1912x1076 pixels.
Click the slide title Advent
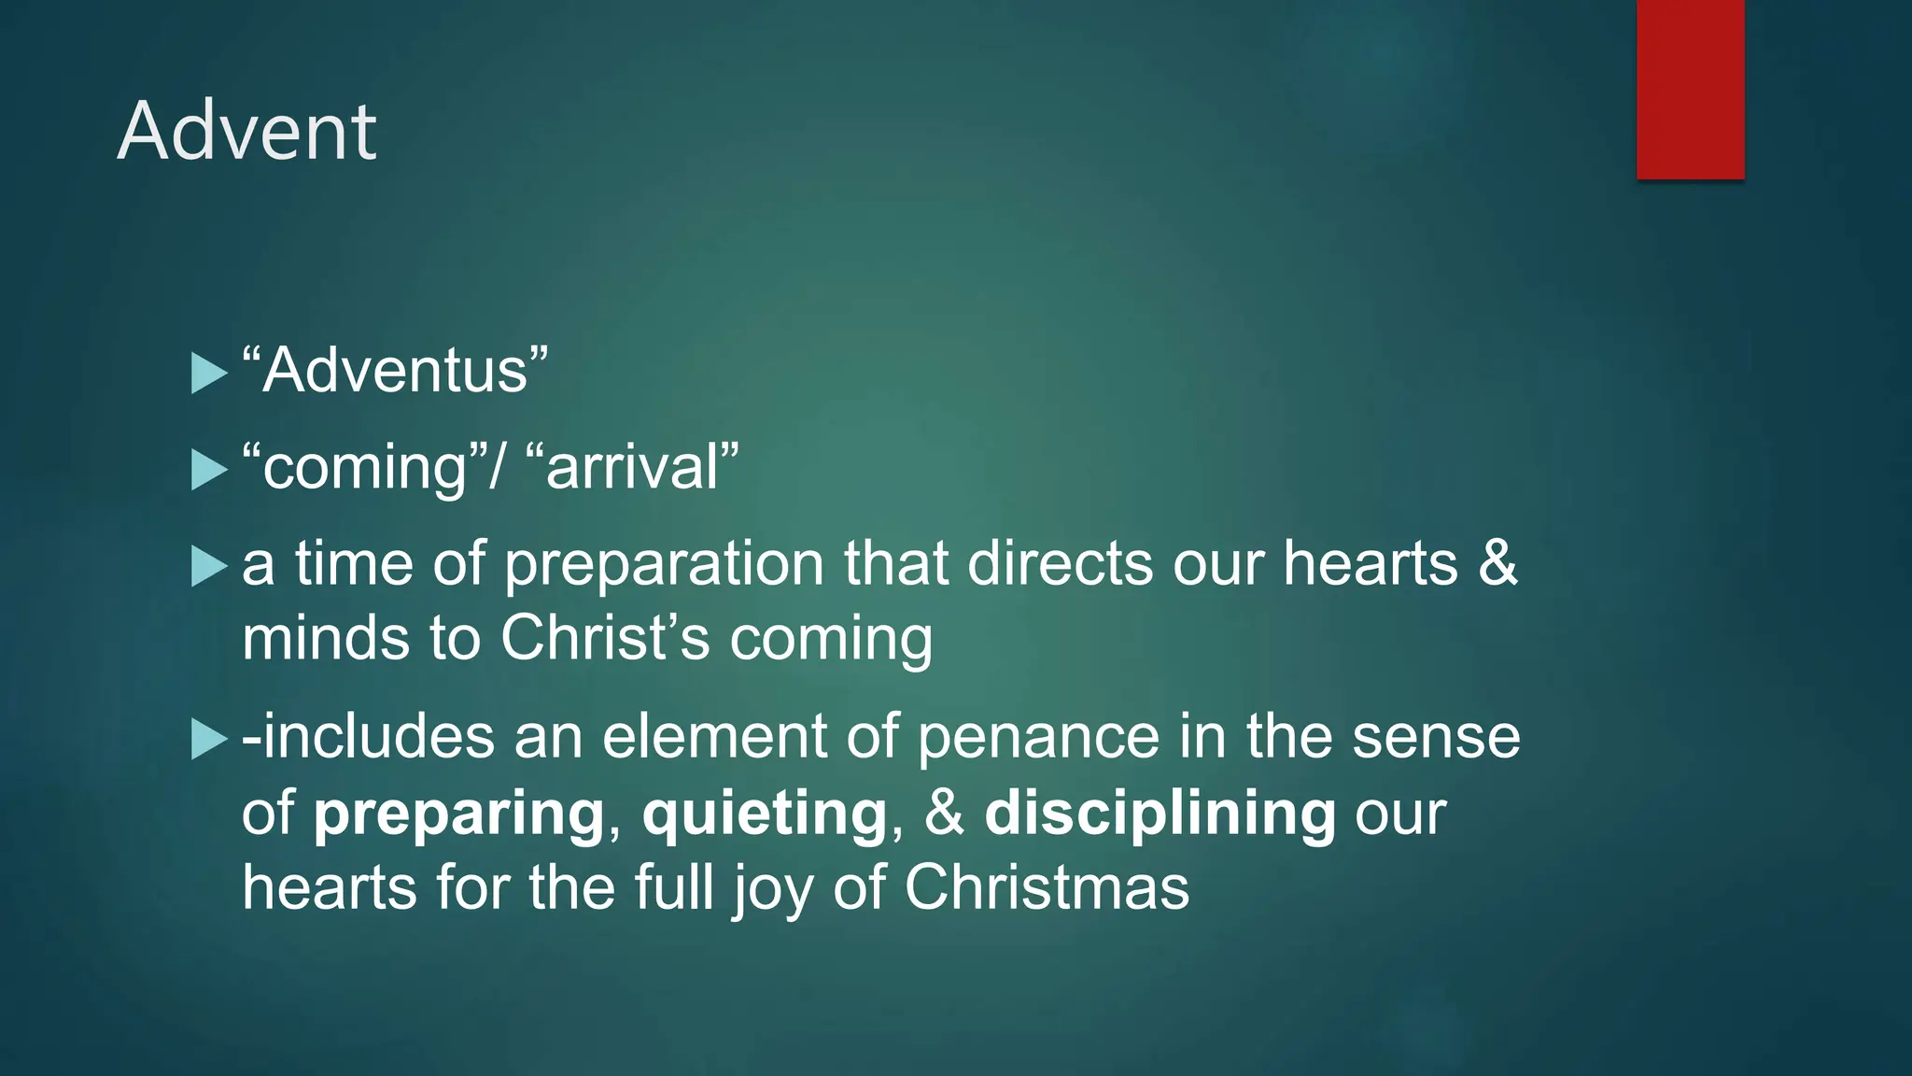246,132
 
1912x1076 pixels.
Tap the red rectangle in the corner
1690,89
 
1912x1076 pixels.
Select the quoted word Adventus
395,371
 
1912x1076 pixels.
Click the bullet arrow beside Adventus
208,374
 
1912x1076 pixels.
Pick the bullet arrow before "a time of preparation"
208,566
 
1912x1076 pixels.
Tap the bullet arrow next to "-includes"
208,739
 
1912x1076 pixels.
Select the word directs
1060,564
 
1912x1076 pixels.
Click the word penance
1037,738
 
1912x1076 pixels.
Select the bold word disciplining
1160,813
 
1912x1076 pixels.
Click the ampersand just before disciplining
944,813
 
